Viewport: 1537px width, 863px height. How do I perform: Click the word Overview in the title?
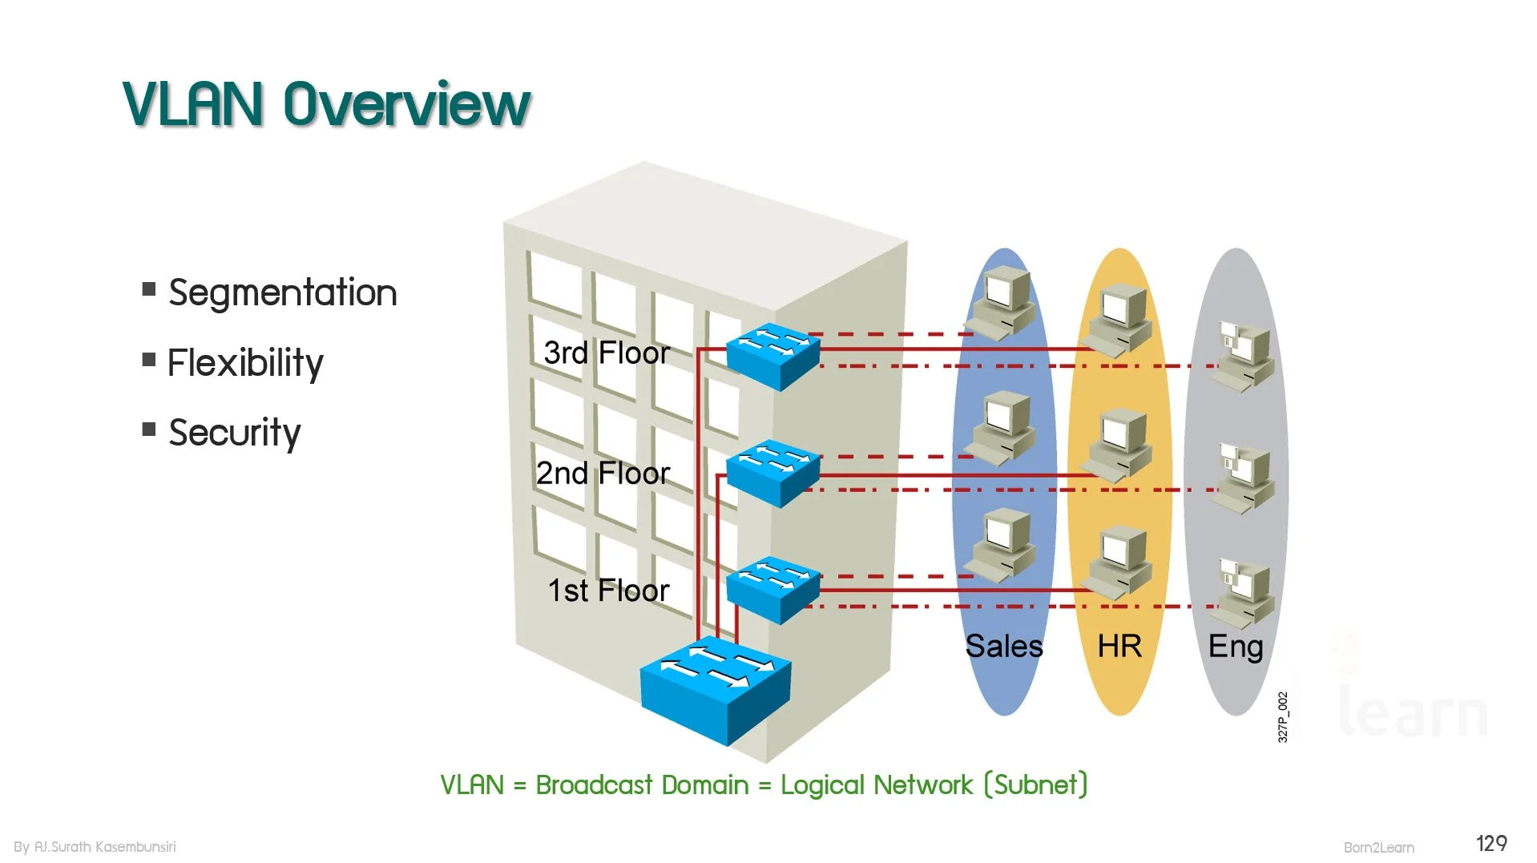point(407,104)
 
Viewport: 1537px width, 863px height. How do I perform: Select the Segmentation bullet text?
point(283,292)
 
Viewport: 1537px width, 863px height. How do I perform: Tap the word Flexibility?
point(245,363)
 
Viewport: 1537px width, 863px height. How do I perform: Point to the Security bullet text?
point(235,433)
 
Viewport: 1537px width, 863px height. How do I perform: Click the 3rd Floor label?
point(607,353)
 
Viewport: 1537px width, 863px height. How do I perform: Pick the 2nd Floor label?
point(603,474)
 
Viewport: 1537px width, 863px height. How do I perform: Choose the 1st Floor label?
point(608,591)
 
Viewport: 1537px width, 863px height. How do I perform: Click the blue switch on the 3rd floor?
point(773,356)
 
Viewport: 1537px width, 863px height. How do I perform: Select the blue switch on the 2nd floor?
point(773,473)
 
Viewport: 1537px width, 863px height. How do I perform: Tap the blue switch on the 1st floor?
point(773,590)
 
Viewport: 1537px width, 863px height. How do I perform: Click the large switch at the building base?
point(716,690)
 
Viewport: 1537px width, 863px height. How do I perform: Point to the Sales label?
point(1004,647)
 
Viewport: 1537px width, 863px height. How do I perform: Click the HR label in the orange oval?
point(1119,647)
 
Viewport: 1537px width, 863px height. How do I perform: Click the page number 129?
point(1491,844)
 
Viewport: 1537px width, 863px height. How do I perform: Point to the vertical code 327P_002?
point(1283,717)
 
